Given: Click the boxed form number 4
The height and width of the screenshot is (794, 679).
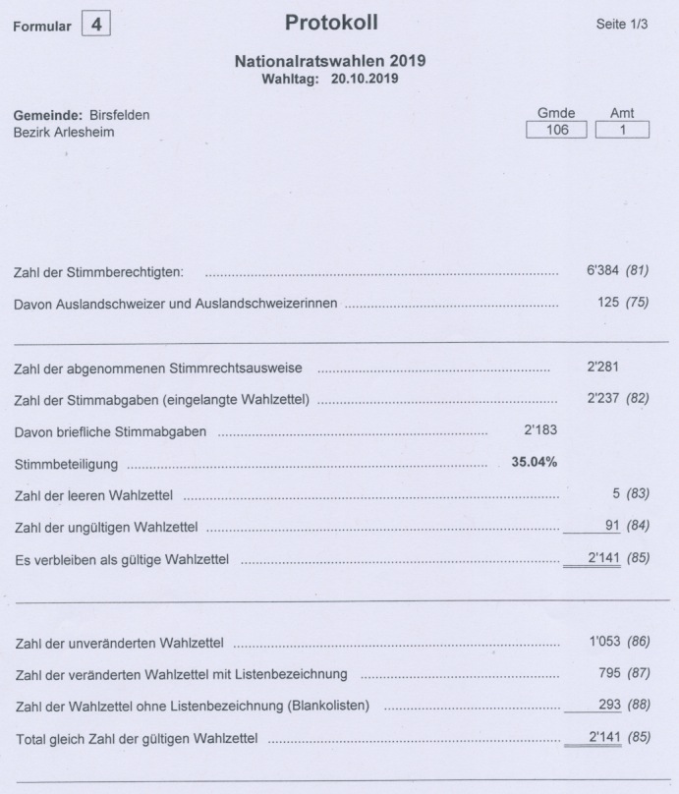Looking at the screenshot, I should click(x=95, y=26).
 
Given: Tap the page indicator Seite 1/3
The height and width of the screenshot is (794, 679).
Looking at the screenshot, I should click(x=623, y=24).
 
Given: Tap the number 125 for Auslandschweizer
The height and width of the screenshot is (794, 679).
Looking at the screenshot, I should click(x=608, y=303).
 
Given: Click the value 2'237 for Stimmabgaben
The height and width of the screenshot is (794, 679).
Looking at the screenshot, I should click(x=600, y=400).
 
